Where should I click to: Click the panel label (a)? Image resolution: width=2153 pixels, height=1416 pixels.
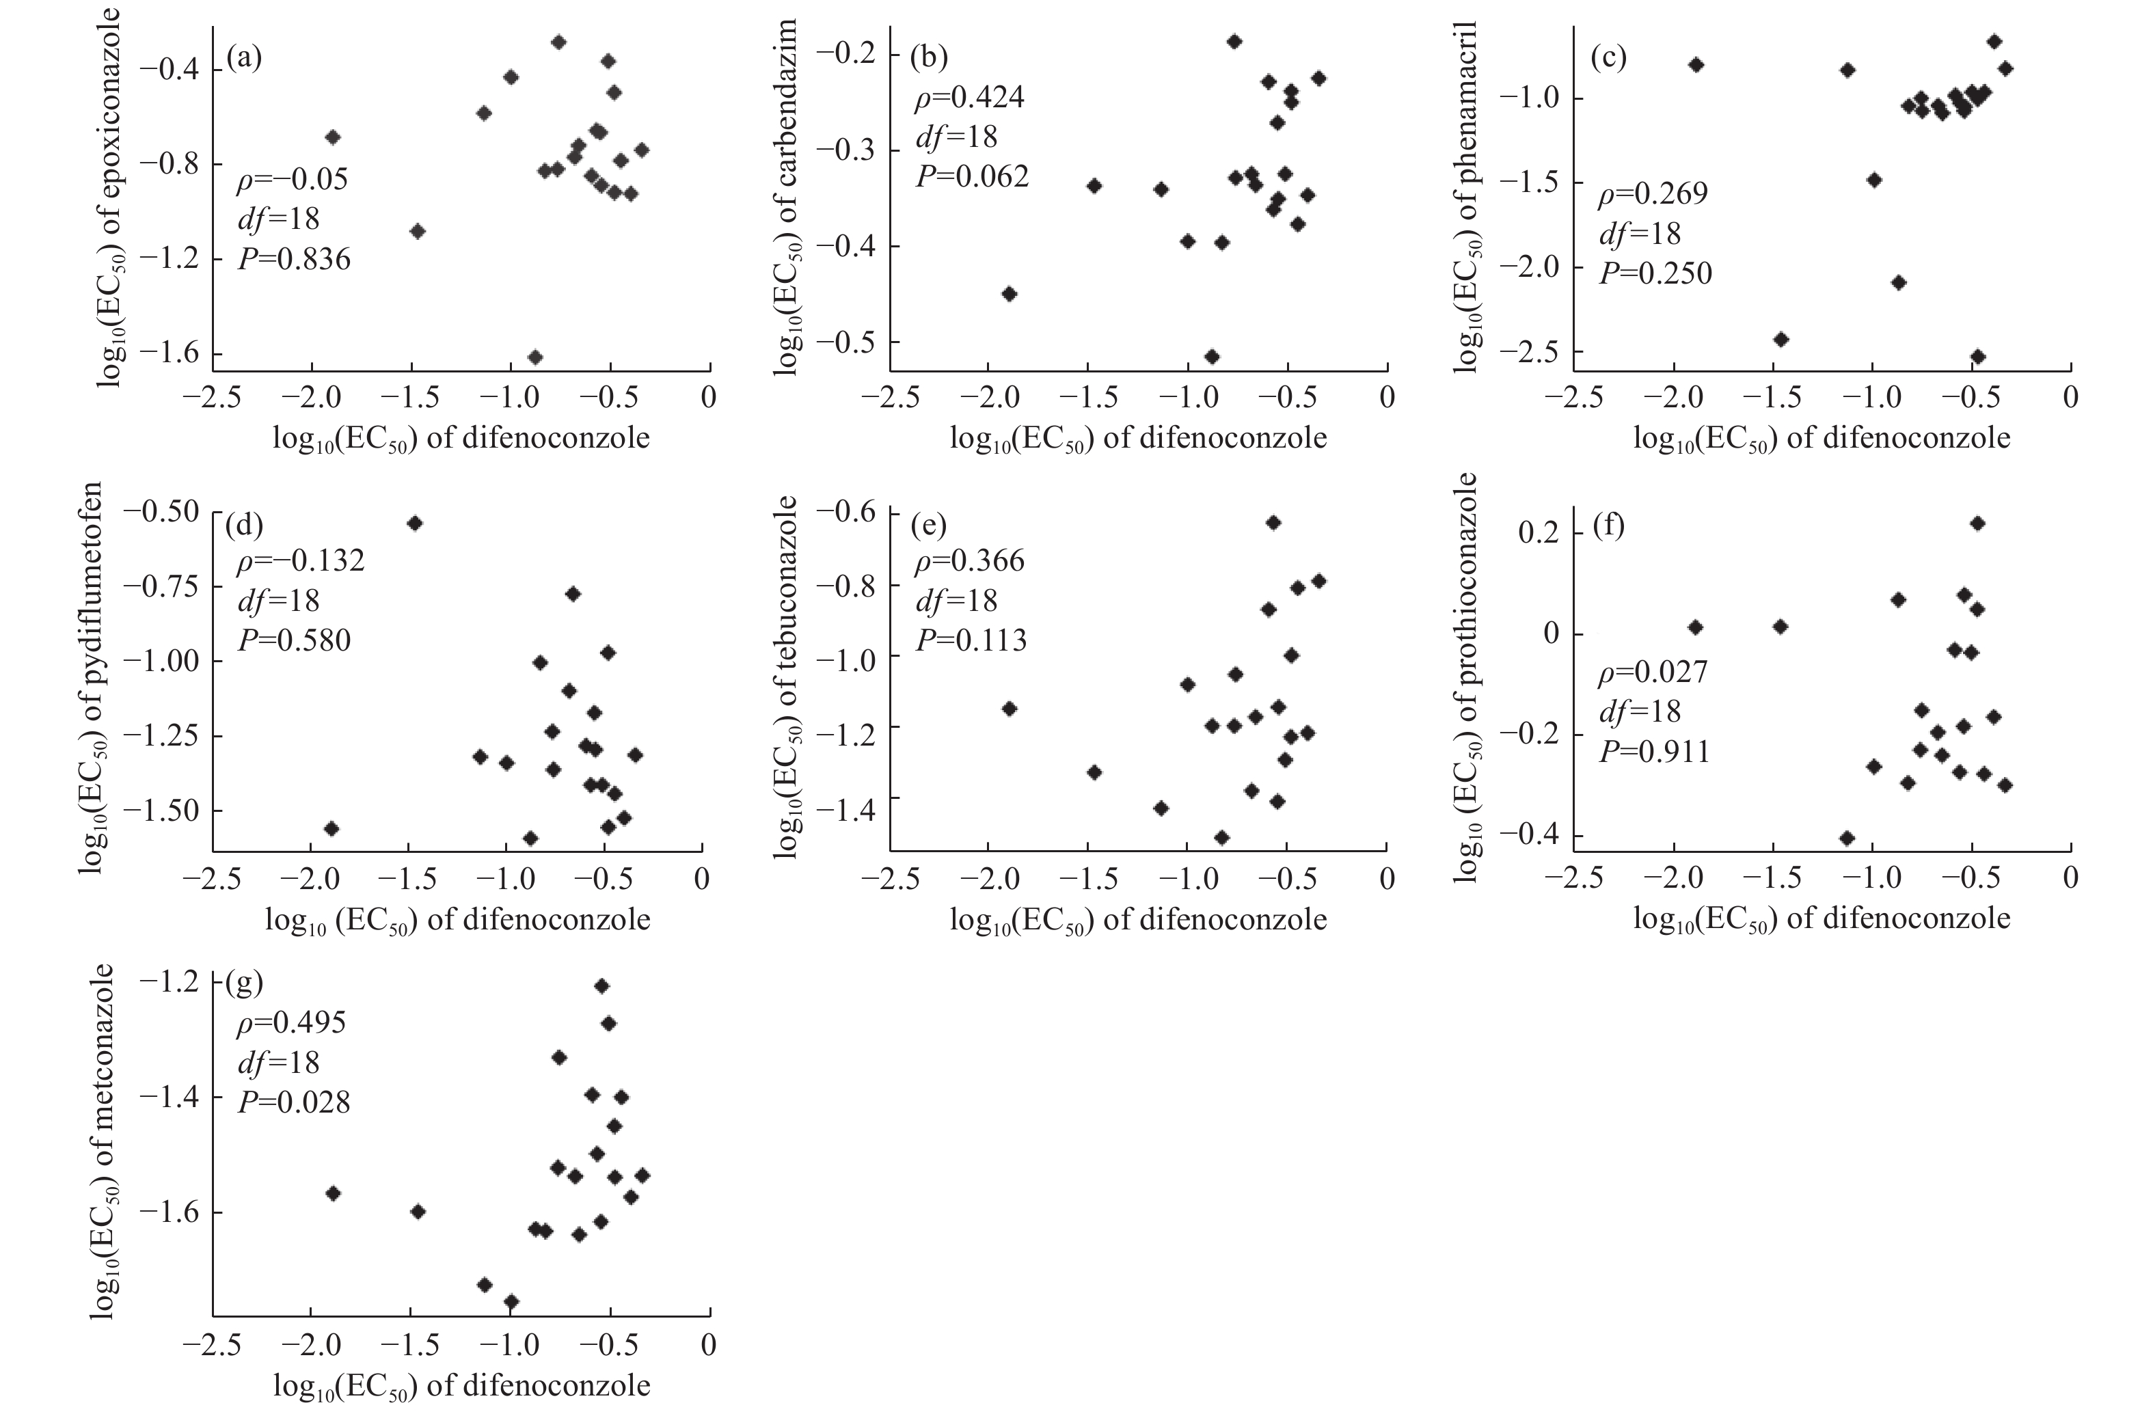click(244, 58)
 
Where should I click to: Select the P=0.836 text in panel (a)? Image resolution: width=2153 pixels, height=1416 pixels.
click(294, 260)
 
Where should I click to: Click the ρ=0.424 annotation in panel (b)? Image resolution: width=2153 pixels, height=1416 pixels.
click(969, 97)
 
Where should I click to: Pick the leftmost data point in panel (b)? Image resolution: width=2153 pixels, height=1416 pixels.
click(1010, 294)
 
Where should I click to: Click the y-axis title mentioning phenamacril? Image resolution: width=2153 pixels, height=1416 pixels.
click(1467, 194)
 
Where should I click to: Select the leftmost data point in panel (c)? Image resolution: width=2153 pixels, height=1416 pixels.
click(1696, 65)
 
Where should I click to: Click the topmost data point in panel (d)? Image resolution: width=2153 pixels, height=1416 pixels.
click(416, 523)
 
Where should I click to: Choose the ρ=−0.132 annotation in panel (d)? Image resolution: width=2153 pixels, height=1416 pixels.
click(300, 560)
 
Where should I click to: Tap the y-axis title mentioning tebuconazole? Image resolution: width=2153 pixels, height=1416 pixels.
click(786, 677)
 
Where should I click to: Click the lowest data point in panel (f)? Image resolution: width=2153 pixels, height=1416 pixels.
click(1848, 837)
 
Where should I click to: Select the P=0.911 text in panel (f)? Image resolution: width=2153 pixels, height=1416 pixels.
click(1655, 752)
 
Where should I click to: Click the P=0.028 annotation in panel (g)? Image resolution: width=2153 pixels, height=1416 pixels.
click(293, 1102)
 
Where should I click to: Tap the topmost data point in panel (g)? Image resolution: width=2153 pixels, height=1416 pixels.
click(601, 985)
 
